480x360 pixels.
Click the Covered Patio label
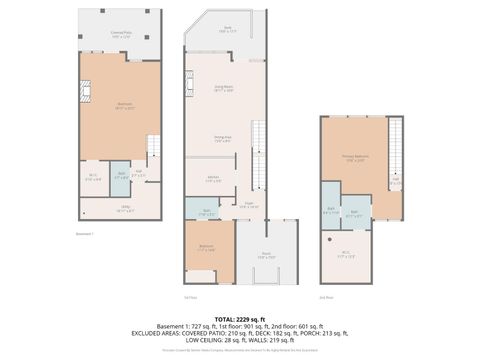click(x=121, y=35)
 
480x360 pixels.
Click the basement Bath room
click(x=120, y=175)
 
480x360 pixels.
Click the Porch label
click(x=267, y=254)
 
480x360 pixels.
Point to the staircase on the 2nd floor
click(x=395, y=145)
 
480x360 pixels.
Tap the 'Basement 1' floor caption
click(x=85, y=234)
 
